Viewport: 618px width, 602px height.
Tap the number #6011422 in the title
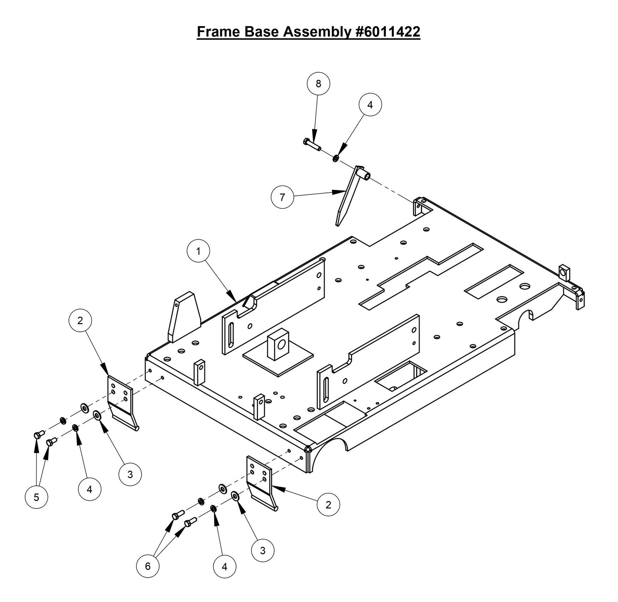(x=387, y=32)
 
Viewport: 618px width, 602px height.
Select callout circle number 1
(x=198, y=251)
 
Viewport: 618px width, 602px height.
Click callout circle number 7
(x=282, y=198)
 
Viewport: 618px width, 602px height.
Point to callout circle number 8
(x=318, y=84)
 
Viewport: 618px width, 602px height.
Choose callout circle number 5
(x=36, y=497)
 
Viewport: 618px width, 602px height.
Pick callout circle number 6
(x=148, y=566)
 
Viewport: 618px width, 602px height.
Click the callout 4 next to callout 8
(x=370, y=105)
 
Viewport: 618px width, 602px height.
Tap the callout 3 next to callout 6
(x=263, y=550)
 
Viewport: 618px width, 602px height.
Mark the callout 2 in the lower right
(x=328, y=505)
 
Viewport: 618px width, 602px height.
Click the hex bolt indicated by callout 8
(x=312, y=144)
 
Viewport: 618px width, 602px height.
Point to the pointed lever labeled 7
(x=347, y=197)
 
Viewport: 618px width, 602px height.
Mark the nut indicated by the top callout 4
(x=336, y=159)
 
